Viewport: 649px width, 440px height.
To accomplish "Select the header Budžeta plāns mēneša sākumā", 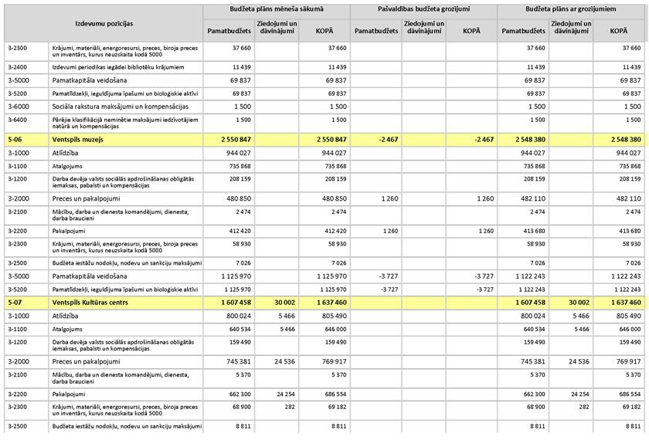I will click(277, 8).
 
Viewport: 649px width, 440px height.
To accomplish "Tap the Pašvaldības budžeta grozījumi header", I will click(423, 8).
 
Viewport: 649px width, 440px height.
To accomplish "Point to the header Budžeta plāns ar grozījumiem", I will click(572, 8).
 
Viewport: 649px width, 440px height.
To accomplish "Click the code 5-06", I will click(14, 140).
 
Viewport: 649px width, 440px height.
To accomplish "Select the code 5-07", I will click(14, 303).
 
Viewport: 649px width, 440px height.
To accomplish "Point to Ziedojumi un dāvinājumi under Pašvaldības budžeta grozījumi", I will click(423, 29).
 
